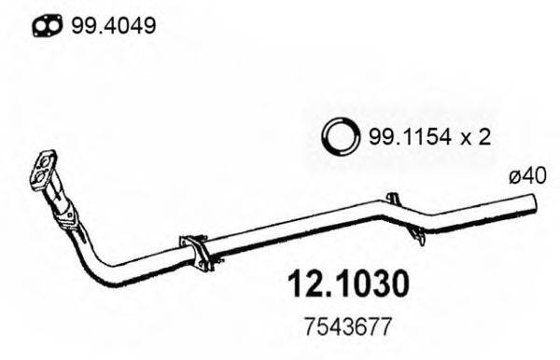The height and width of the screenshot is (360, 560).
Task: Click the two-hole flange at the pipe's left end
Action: click(43, 171)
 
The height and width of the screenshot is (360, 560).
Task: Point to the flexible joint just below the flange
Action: click(63, 214)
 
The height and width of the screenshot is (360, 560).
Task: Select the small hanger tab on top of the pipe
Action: click(391, 199)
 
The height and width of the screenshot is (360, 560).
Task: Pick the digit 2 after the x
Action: click(485, 138)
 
